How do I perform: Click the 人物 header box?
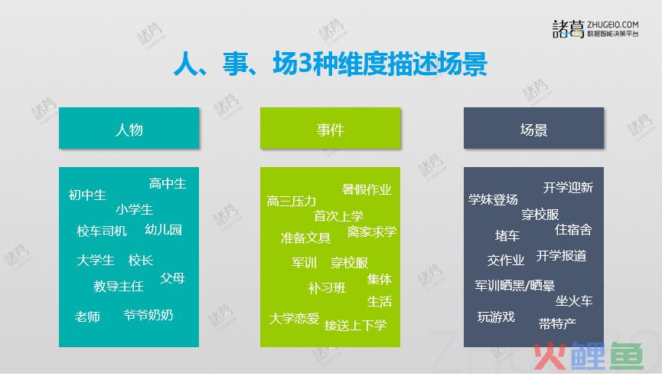[129, 128]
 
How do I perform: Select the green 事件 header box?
[330, 128]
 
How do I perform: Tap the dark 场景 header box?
[533, 128]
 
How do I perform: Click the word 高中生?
[168, 183]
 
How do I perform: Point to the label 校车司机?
[102, 231]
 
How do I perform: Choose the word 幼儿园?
[163, 229]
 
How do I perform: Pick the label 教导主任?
[119, 287]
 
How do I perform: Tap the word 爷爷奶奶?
[148, 315]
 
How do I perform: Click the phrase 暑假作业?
[367, 189]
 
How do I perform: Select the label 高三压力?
[292, 201]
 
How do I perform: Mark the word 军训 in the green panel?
[304, 262]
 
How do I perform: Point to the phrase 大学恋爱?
[295, 318]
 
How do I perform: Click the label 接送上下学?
[355, 325]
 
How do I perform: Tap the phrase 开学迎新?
[569, 187]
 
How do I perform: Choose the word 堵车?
[507, 235]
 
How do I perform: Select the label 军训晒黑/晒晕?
[514, 286]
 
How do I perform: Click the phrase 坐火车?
[574, 301]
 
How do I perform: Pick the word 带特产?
[557, 323]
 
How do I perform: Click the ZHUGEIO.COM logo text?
[612, 25]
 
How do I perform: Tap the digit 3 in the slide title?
[304, 64]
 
